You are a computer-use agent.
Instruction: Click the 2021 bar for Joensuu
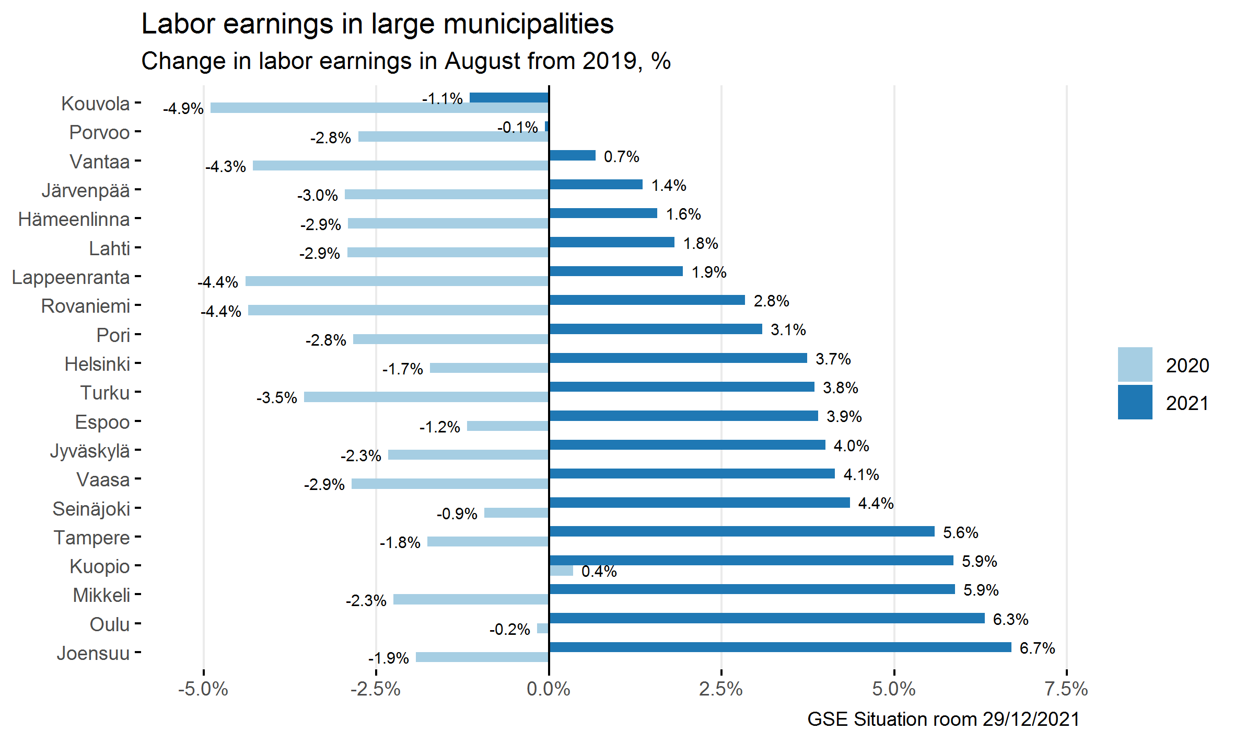[x=780, y=647]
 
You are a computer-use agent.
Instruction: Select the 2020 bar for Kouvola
[x=379, y=108]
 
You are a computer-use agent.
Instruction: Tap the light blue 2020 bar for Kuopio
[x=561, y=571]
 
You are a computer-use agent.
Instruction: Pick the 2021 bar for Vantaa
[x=572, y=155]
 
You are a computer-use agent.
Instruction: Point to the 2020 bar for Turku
[x=426, y=397]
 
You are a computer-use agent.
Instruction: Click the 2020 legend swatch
[x=1135, y=364]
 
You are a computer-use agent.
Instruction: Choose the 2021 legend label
[x=1187, y=403]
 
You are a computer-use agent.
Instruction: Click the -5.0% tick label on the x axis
[x=203, y=689]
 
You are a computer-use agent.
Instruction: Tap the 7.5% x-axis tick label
[x=1066, y=689]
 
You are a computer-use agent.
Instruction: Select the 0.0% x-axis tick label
[x=549, y=689]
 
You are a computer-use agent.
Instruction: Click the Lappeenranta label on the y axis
[x=71, y=277]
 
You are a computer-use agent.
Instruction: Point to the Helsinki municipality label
[x=97, y=364]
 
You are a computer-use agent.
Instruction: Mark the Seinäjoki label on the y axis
[x=91, y=509]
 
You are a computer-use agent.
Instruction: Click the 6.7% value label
[x=1037, y=648]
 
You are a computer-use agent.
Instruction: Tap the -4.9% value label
[x=183, y=109]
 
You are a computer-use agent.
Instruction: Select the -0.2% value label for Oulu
[x=509, y=629]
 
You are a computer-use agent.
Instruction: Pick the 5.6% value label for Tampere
[x=960, y=533]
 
